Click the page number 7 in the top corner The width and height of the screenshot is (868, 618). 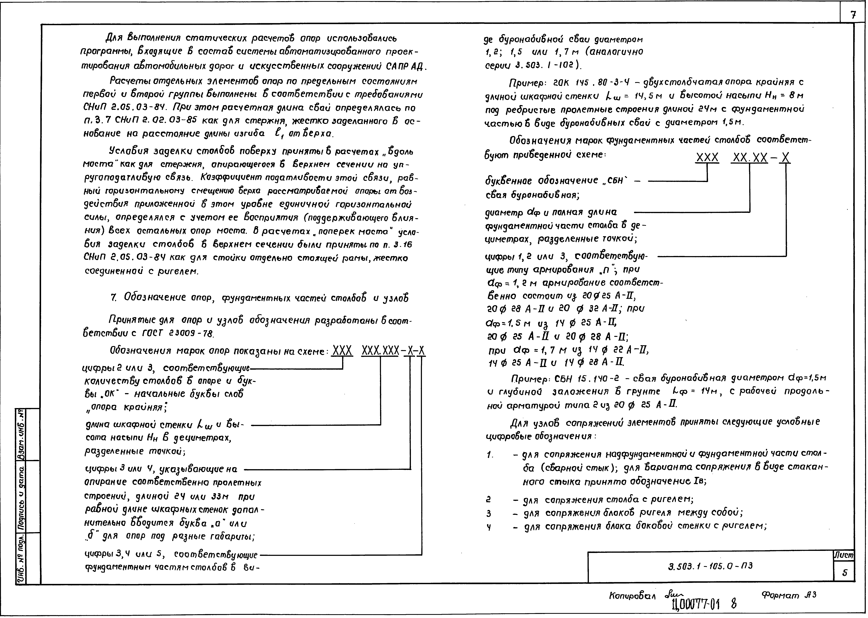click(853, 15)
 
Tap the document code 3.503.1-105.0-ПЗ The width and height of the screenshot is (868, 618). click(710, 566)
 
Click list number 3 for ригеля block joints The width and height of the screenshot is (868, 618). click(489, 514)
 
